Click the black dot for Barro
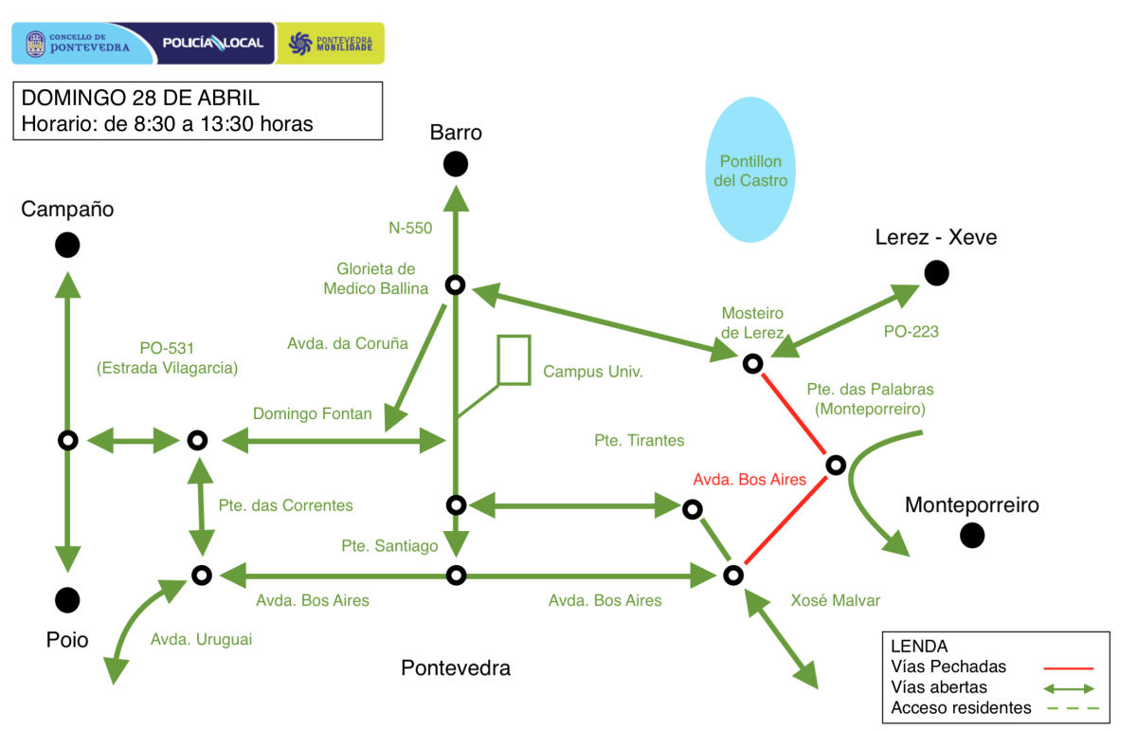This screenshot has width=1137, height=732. pyautogui.click(x=456, y=164)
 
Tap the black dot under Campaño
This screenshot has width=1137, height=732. pyautogui.click(x=67, y=246)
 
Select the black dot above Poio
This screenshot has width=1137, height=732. pyautogui.click(x=67, y=600)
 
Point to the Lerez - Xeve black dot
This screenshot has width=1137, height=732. pyautogui.click(x=936, y=273)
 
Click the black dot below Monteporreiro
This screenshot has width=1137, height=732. pyautogui.click(x=972, y=536)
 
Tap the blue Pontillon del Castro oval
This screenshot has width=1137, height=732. pyautogui.click(x=750, y=170)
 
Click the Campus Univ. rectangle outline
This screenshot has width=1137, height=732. pyautogui.click(x=497, y=359)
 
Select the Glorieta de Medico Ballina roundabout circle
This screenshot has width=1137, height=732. pyautogui.click(x=456, y=285)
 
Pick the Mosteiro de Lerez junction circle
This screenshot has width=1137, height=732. pyautogui.click(x=752, y=364)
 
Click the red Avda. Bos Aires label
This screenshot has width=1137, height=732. pyautogui.click(x=749, y=480)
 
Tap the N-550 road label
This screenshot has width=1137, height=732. pyautogui.click(x=410, y=229)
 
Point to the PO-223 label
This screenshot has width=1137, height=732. pyautogui.click(x=911, y=332)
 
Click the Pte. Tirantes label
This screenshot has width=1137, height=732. pyautogui.click(x=639, y=440)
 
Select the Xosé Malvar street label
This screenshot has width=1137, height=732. pyautogui.click(x=835, y=600)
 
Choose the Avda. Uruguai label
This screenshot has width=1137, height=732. pyautogui.click(x=201, y=639)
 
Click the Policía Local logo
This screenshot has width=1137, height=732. pyautogui.click(x=213, y=44)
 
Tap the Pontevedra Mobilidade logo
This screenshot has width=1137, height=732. pyautogui.click(x=330, y=44)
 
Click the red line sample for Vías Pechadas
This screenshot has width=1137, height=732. pyautogui.click(x=1069, y=668)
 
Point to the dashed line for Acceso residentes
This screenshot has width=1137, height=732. pyautogui.click(x=1073, y=708)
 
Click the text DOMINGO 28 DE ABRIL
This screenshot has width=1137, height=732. pyautogui.click(x=140, y=98)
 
